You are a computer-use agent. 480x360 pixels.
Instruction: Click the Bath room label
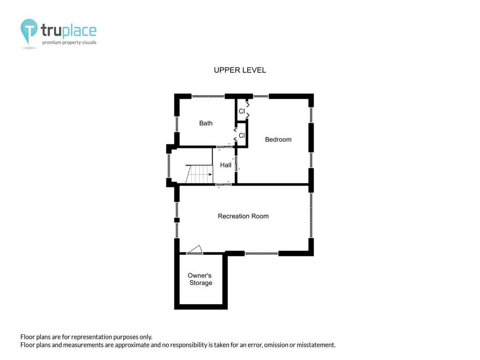tap(206, 123)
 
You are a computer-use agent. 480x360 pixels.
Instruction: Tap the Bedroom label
tap(278, 140)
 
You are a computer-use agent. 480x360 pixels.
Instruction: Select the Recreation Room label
tap(243, 216)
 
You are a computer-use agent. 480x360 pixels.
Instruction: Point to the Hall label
tap(225, 165)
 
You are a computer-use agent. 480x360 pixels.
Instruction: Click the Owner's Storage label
tap(200, 279)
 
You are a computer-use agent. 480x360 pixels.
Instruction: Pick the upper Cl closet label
tap(242, 111)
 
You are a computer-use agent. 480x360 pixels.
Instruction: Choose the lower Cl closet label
tap(242, 135)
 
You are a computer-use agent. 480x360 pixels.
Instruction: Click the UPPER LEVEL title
tap(240, 70)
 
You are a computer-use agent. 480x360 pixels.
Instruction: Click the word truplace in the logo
tap(68, 30)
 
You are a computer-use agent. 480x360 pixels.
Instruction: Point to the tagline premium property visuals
tap(69, 42)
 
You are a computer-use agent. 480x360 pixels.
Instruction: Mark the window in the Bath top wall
tap(208, 96)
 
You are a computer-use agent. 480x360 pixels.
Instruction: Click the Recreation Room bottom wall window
tap(262, 253)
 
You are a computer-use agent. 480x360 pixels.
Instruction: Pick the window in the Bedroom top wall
tap(261, 96)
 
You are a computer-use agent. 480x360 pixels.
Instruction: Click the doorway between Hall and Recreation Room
tap(224, 184)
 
